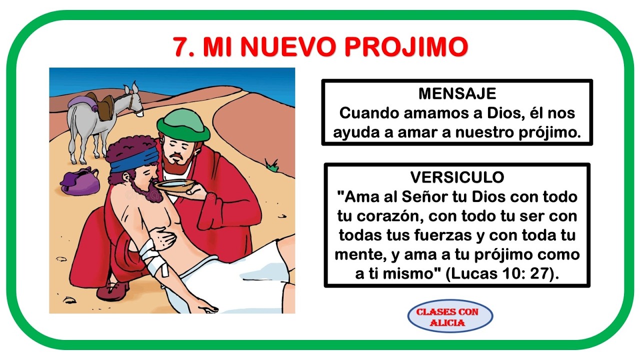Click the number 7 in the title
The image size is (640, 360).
[180, 47]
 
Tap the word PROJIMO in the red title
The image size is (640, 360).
[406, 47]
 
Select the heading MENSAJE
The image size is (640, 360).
[457, 93]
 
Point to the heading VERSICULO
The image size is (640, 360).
[457, 177]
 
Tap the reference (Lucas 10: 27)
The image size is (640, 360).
[502, 273]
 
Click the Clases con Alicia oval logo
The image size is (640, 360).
[450, 316]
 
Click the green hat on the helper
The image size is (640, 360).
[183, 125]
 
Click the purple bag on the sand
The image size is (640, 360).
[80, 181]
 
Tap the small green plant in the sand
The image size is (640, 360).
[271, 165]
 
